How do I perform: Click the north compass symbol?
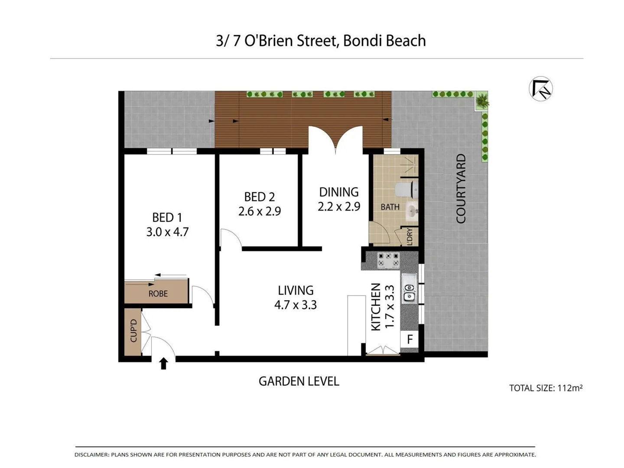coord(541,89)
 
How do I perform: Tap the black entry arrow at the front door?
coord(163,364)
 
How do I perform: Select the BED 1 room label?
coord(167,217)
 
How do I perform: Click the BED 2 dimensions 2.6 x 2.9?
coord(260,211)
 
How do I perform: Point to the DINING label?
coord(339,192)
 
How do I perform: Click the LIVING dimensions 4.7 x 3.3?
coord(296,305)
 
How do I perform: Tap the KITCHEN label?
coord(376,307)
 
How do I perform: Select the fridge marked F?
coord(410,339)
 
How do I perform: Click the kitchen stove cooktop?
coord(388,261)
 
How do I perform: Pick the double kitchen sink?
coord(409,288)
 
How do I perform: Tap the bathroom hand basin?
coord(411,212)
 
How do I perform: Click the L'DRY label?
coord(409,237)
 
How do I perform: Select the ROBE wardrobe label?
coord(158,294)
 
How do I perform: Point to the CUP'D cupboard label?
coord(133,331)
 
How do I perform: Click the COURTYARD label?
coord(461,188)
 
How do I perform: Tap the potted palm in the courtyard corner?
coord(482,101)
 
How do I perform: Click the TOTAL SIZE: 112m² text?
coord(546,388)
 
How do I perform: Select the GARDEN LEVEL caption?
coord(299,381)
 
